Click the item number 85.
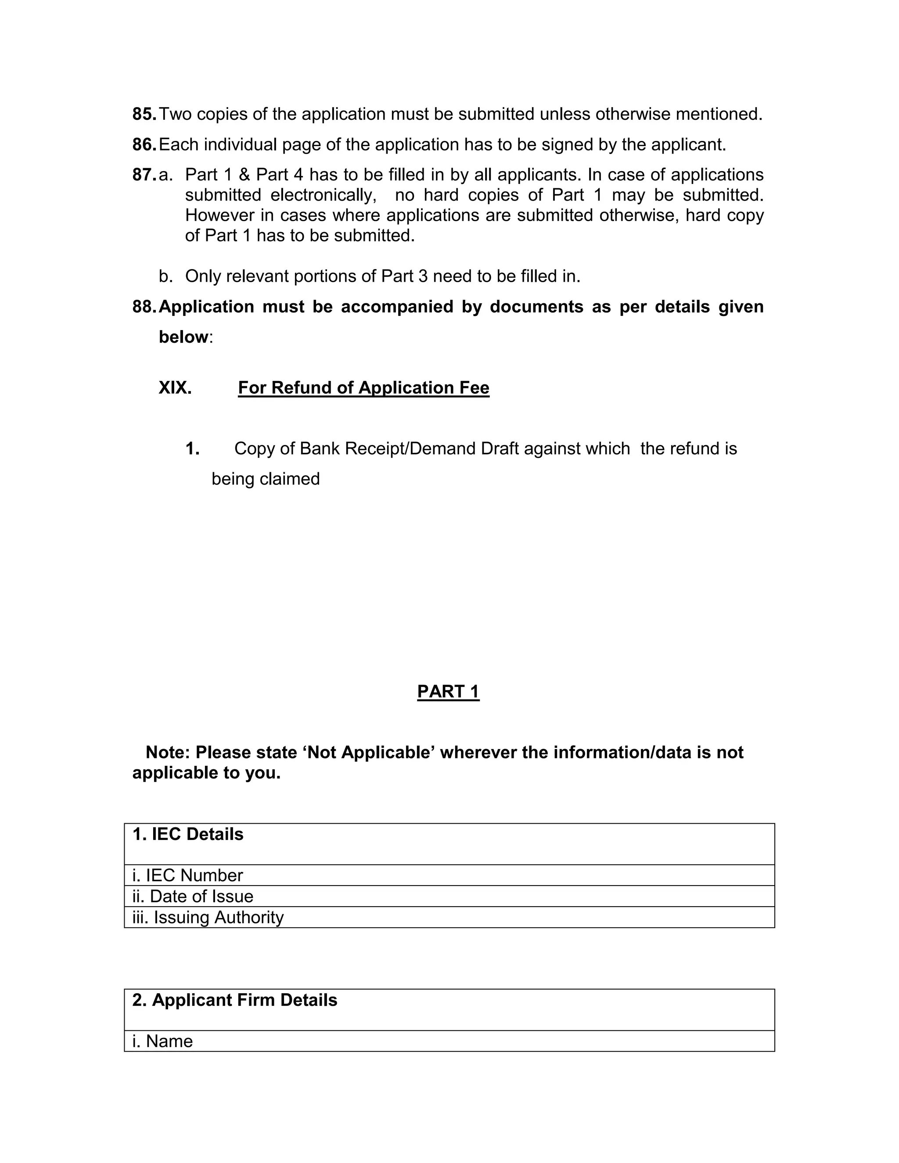144,114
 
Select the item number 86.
144,144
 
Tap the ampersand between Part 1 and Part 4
245,175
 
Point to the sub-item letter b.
165,276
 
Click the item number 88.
144,307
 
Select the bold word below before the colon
183,337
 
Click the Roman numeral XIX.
175,388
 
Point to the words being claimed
265,479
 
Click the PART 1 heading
448,692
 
